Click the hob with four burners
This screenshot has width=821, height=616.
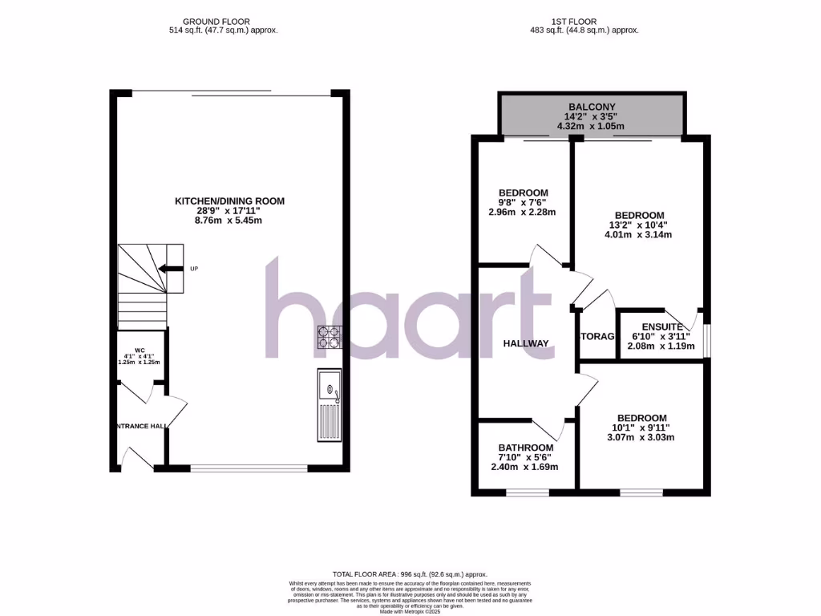coord(329,337)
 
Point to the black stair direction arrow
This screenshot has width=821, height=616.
coord(169,269)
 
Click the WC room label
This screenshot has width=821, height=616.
coord(140,351)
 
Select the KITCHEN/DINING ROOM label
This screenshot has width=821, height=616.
coord(230,201)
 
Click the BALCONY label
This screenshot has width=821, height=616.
coord(592,107)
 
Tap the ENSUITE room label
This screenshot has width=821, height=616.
coord(662,327)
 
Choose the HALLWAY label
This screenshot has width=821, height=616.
coord(526,343)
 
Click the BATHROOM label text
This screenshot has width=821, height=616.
coord(526,448)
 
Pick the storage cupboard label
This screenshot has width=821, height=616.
coord(597,336)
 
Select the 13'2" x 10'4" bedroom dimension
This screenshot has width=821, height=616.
coord(639,225)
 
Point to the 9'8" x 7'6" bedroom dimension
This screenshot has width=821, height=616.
coord(523,203)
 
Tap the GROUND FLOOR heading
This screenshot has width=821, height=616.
coord(216,21)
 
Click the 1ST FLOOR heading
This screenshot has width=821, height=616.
coord(594,21)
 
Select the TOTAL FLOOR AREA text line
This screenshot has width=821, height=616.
coord(410,574)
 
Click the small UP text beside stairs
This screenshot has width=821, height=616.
coord(194,269)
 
